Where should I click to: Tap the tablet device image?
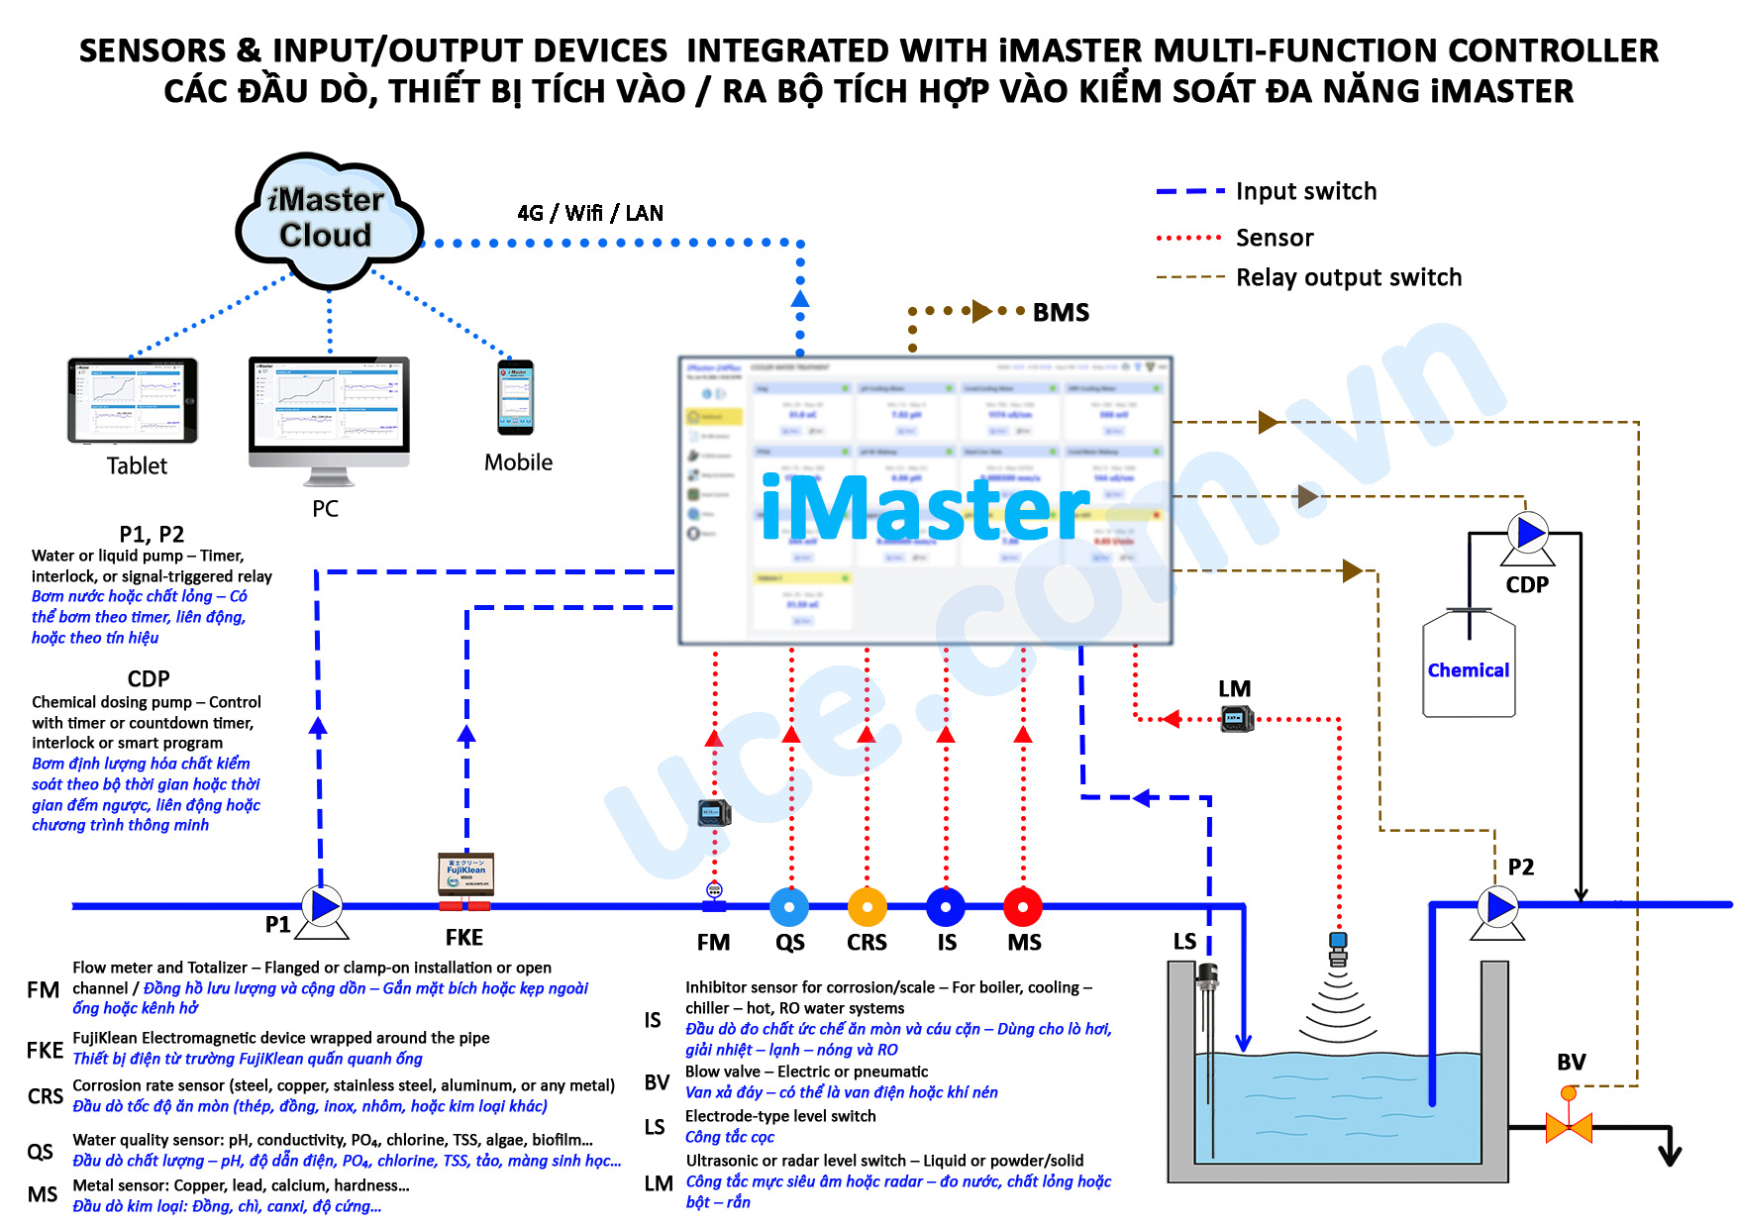[x=133, y=400]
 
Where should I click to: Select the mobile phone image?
[x=515, y=397]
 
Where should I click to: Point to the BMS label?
[x=1061, y=313]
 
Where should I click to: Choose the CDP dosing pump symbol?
[x=1530, y=533]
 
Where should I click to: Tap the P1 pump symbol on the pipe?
[x=323, y=906]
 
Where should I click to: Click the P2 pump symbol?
[x=1499, y=906]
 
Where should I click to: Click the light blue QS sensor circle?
[x=789, y=906]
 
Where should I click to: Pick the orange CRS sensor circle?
[x=868, y=906]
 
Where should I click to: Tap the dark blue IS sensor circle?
[x=946, y=906]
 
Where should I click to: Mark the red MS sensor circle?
[x=1023, y=906]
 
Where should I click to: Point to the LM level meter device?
[x=1236, y=718]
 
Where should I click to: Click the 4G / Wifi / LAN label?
[x=590, y=213]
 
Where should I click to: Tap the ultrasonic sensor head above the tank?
[x=1338, y=947]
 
